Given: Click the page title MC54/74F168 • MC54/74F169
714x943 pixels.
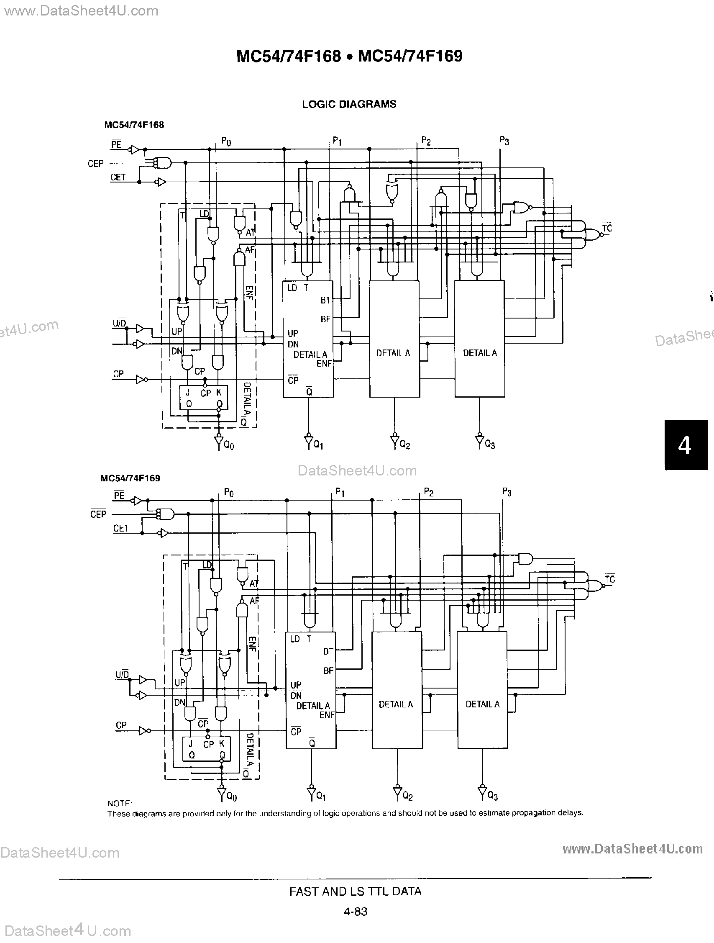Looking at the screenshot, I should (349, 56).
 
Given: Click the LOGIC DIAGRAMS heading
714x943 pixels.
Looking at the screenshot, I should (349, 104).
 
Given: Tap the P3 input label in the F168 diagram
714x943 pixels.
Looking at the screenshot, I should (504, 141).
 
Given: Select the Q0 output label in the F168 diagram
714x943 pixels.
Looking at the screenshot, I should (229, 446).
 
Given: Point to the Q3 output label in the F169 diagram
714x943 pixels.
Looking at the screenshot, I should (492, 796).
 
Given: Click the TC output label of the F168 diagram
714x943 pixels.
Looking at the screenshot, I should (607, 228).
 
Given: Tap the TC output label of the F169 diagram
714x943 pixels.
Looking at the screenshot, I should (609, 579).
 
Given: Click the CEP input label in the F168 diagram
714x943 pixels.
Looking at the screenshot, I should (95, 163).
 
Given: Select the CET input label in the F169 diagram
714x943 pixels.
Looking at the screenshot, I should (120, 528).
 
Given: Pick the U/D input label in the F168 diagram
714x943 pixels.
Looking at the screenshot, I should (119, 324).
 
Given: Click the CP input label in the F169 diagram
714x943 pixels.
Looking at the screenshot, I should (121, 725).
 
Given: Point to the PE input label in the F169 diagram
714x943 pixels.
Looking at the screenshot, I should (119, 496).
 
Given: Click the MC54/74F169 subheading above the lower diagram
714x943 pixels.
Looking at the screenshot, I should (131, 478).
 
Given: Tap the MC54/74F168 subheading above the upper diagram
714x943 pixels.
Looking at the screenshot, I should (134, 125).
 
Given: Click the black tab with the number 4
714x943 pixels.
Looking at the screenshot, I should (686, 445).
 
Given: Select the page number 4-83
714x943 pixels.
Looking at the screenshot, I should (355, 912).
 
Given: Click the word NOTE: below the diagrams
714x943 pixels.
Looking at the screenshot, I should (120, 803).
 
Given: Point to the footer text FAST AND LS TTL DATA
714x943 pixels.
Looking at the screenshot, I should (355, 892).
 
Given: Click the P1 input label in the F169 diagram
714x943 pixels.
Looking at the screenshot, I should (340, 492).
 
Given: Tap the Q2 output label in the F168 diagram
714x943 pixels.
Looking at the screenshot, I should (405, 445).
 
